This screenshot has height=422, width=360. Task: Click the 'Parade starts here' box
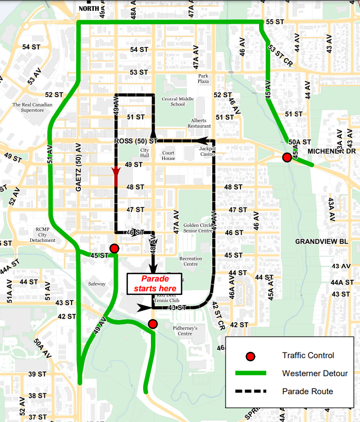155,284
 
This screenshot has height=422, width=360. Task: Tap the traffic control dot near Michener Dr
286,157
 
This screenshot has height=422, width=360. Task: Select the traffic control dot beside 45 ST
114,249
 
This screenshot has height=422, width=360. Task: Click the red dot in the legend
251,356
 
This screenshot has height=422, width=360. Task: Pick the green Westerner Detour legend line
250,373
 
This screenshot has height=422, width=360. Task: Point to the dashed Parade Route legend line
250,391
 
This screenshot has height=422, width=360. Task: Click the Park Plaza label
203,78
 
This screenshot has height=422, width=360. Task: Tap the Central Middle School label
178,101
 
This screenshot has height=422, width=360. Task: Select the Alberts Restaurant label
199,123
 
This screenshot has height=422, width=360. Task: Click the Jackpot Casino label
208,151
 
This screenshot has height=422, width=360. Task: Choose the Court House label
168,155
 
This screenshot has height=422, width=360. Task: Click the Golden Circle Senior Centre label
198,228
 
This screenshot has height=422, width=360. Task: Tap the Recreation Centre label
191,261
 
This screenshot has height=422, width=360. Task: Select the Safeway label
96,284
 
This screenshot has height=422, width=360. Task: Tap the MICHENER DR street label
331,151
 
